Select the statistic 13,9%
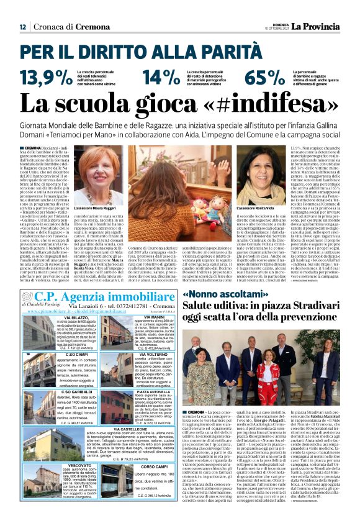pyautogui.click(x=46, y=78)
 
